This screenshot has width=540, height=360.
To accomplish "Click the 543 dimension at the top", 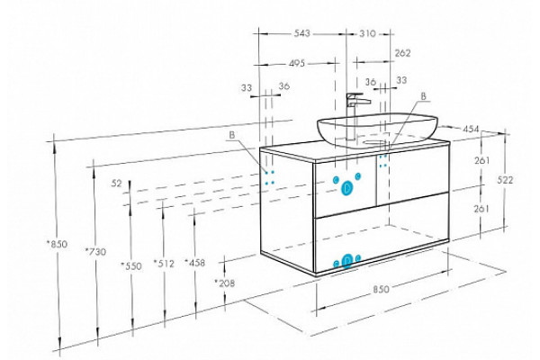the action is [301, 33].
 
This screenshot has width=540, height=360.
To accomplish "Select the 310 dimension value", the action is [367, 34].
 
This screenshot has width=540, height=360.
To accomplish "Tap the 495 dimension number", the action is [297, 63].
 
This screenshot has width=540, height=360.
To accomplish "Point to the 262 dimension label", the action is [402, 53].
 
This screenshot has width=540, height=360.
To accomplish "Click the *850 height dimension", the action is [58, 244].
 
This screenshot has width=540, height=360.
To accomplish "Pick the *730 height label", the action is [95, 251].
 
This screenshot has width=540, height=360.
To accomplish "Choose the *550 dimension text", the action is [131, 266].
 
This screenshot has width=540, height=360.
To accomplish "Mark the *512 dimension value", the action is [164, 264].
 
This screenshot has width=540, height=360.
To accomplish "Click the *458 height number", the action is [194, 263].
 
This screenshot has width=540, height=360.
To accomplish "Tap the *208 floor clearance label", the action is [224, 283].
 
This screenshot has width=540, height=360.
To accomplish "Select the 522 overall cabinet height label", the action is [505, 180].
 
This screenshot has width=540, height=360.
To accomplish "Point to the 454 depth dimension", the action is [471, 130].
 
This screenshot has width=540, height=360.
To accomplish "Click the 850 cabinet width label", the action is [382, 289].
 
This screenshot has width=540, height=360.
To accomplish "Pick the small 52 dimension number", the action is [117, 184].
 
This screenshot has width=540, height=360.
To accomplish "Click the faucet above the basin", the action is [355, 115].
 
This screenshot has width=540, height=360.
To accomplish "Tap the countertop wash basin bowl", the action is [377, 130].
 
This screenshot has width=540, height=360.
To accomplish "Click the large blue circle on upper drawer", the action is [346, 188].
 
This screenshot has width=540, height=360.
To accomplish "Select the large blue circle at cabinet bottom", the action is [347, 261].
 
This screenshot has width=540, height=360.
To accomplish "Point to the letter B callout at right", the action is [424, 96].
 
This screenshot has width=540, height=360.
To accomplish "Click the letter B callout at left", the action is [232, 135].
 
